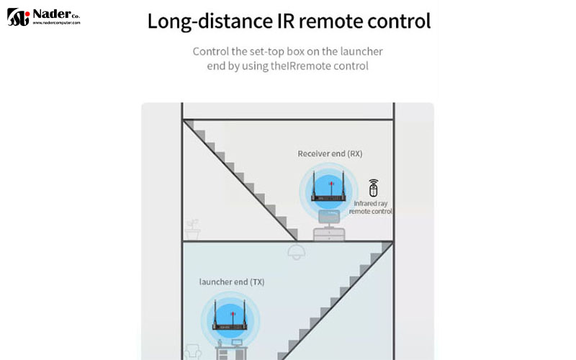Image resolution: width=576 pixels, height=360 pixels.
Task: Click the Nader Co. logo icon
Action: [x=18, y=17]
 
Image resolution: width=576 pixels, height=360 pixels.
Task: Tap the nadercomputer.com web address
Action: [x=55, y=23]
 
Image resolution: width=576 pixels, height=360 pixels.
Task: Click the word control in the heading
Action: [x=397, y=21]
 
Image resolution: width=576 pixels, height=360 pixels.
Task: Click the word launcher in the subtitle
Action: [x=358, y=52]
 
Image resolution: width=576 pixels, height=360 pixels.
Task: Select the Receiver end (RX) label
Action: [x=330, y=154]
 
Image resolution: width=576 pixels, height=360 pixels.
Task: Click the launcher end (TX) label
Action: [x=232, y=282]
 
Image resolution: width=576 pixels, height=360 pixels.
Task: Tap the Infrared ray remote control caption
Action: [x=372, y=208]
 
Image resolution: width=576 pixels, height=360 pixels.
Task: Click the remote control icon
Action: [x=372, y=189]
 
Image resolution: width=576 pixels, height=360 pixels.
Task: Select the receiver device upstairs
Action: [x=330, y=193]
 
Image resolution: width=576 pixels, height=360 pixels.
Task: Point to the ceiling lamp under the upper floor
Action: [x=294, y=251]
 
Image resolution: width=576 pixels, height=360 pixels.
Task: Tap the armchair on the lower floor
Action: [x=192, y=352]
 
